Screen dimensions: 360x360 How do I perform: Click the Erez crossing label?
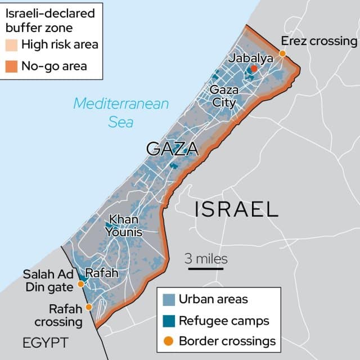click(x=318, y=41)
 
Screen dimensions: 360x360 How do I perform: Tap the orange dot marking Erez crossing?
click(x=282, y=53)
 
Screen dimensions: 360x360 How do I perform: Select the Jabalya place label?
click(x=251, y=58)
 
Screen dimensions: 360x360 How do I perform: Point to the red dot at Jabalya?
click(x=254, y=69)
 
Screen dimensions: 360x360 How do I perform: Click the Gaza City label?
click(x=224, y=96)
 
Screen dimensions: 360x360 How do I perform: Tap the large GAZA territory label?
click(x=172, y=149)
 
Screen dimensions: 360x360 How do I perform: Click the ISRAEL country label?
click(x=236, y=209)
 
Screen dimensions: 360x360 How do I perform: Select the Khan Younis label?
click(x=125, y=226)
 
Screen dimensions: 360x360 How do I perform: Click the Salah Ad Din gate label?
click(x=48, y=281)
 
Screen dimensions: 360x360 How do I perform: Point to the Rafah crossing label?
click(x=58, y=315)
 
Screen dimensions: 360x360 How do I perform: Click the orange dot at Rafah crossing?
click(x=88, y=308)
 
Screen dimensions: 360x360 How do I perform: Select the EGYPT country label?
click(x=46, y=343)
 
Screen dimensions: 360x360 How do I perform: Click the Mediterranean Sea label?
click(x=121, y=112)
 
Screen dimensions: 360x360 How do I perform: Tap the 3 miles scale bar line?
click(x=206, y=269)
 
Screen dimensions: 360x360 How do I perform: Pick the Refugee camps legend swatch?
click(x=168, y=321)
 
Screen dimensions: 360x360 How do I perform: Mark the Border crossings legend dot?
click(x=168, y=341)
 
